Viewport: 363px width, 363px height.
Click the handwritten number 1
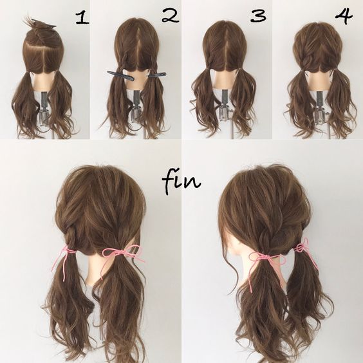(82, 19)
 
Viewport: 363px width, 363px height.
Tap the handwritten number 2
(171, 16)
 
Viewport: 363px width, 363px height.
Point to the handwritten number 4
(344, 15)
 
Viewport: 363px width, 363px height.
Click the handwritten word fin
(181, 181)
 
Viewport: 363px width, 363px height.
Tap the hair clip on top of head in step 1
(44, 24)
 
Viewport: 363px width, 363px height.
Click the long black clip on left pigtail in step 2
(120, 75)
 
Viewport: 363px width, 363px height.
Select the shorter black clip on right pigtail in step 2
(157, 75)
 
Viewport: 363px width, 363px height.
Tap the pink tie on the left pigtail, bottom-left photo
(64, 257)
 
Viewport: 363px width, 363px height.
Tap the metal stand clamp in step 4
(321, 108)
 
